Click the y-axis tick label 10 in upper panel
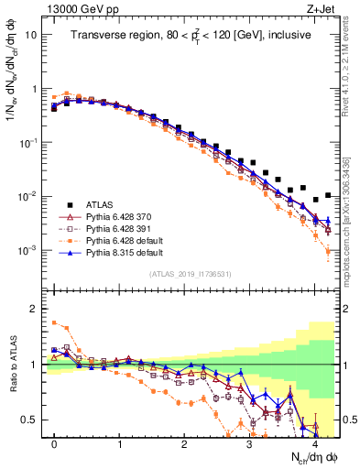coord(30,35)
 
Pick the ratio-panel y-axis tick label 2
coord(34,309)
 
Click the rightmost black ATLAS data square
coord(327,193)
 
